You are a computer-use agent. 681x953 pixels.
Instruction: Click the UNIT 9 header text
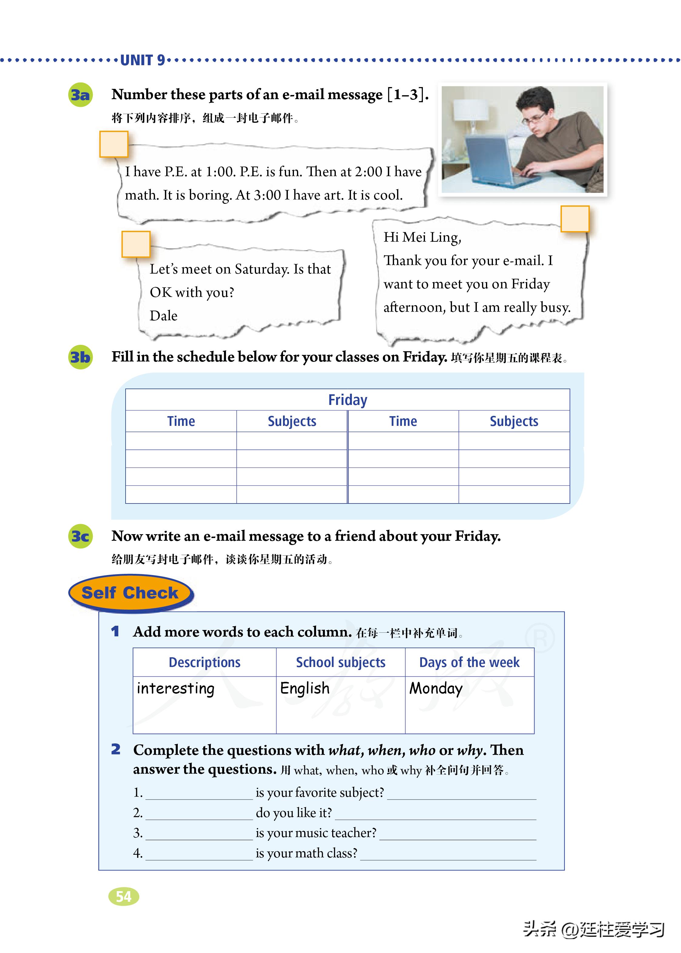click(143, 60)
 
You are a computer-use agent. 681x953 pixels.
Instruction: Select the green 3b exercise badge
click(80, 357)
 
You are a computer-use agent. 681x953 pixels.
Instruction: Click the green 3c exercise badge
click(80, 536)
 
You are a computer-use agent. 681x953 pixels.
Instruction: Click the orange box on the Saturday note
click(136, 244)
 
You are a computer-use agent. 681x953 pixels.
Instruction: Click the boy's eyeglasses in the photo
click(535, 118)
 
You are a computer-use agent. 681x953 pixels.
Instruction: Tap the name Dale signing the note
click(164, 316)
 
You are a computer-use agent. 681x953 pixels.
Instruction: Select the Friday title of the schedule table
click(348, 400)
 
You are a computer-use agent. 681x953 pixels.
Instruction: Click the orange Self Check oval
click(130, 593)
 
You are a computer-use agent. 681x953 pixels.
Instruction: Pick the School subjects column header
click(340, 662)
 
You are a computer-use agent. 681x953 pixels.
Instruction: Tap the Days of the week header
click(469, 662)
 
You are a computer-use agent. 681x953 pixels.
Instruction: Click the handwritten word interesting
click(176, 689)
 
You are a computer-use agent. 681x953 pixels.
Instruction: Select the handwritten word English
click(305, 689)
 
